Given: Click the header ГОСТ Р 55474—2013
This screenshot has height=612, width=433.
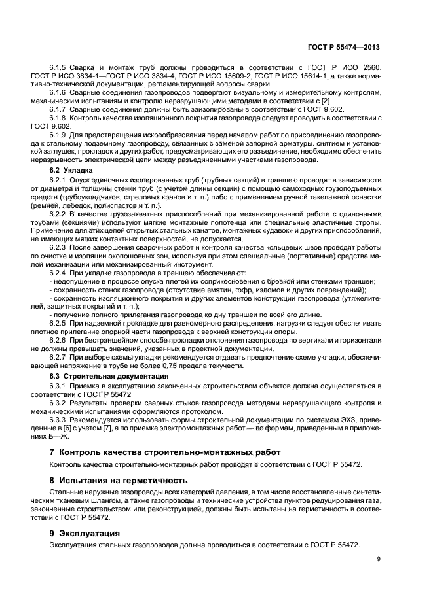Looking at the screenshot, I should pos(348,47).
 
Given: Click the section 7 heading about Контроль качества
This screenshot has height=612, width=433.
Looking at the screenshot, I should pos(164,452).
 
